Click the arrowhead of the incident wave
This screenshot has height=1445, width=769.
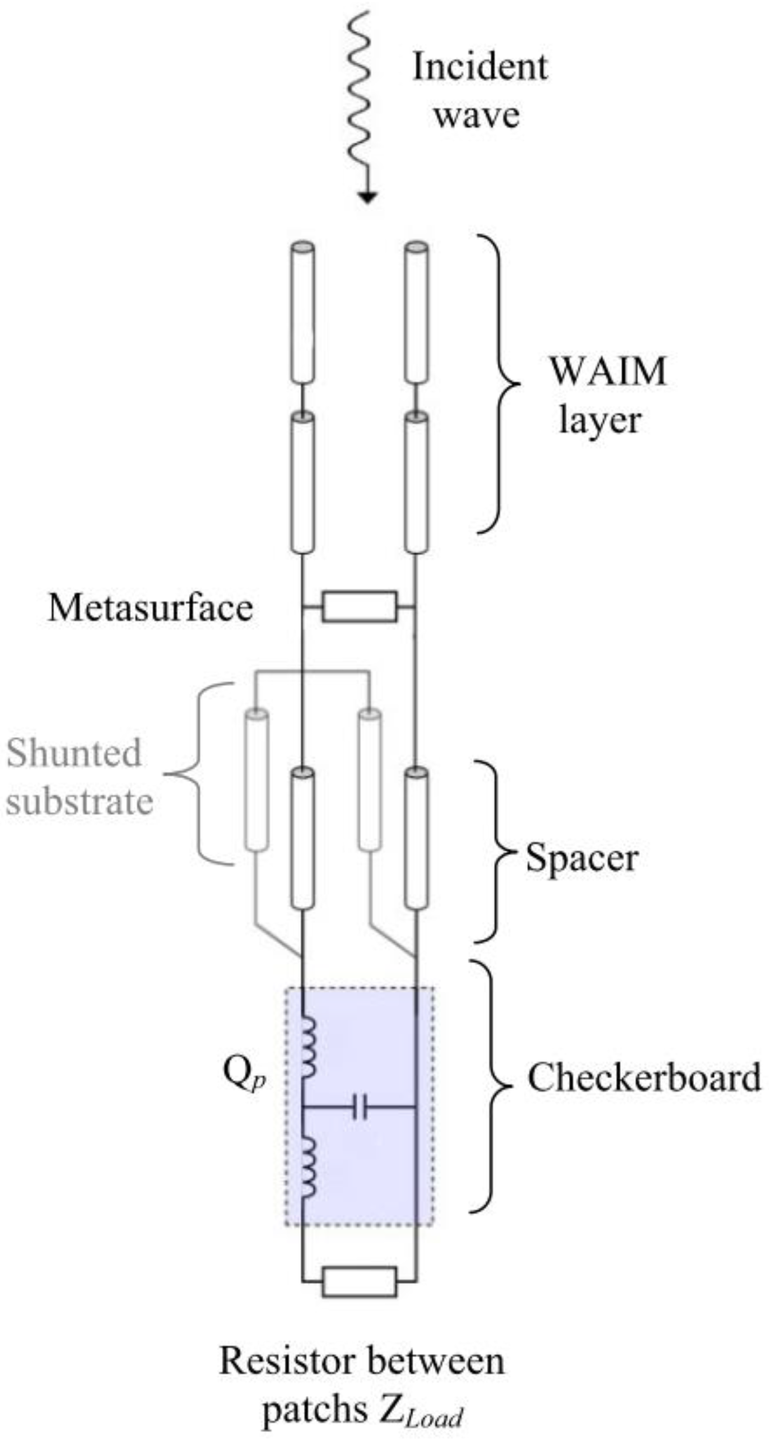coord(367,197)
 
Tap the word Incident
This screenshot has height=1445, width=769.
coord(479,67)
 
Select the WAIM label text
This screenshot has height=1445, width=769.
coord(608,371)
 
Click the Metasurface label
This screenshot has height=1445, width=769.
coord(151,608)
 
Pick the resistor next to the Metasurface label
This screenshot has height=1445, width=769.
coord(359,607)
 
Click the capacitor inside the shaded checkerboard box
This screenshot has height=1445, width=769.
coord(359,1107)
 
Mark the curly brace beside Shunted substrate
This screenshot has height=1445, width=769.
coord(200,774)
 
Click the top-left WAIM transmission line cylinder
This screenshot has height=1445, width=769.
coord(303,313)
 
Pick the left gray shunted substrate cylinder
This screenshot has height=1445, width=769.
coord(257,779)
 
